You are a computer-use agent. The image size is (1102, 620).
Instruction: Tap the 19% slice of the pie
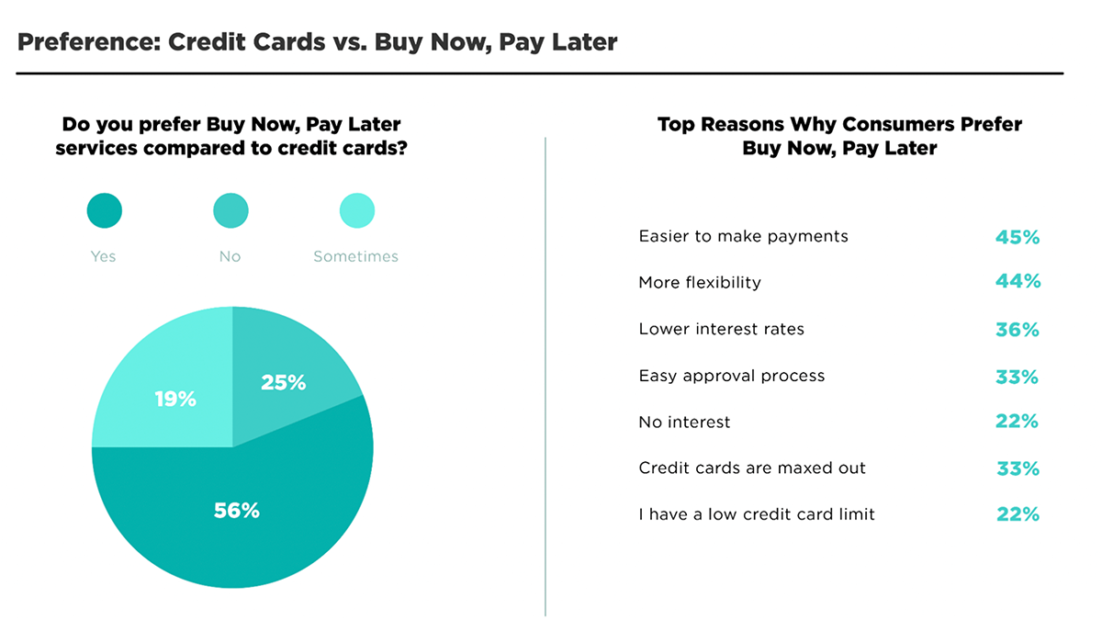tap(173, 394)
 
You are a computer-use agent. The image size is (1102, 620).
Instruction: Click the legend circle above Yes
tap(105, 210)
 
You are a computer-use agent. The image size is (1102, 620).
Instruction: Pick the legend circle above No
tap(231, 210)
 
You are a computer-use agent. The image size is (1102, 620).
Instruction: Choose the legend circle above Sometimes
tap(357, 210)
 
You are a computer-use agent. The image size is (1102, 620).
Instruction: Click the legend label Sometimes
tap(355, 256)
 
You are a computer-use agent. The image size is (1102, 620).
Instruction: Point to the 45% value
tap(1018, 237)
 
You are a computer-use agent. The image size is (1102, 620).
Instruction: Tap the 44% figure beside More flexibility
tap(1018, 281)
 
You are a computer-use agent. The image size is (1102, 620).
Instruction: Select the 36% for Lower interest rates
tap(1018, 330)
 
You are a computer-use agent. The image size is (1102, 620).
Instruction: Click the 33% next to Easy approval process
tap(1017, 377)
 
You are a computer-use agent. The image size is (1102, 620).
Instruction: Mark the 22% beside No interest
tap(1017, 422)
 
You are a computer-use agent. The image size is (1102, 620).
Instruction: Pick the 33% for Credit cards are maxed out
tap(1018, 468)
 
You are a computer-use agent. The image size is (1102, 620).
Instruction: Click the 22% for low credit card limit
tap(1018, 514)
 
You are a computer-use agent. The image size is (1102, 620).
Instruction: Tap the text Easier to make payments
tap(743, 237)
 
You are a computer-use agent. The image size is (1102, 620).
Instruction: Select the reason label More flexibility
tap(700, 283)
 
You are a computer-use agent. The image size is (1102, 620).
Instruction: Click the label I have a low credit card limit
tap(757, 514)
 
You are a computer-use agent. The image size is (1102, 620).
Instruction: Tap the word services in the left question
tap(96, 148)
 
